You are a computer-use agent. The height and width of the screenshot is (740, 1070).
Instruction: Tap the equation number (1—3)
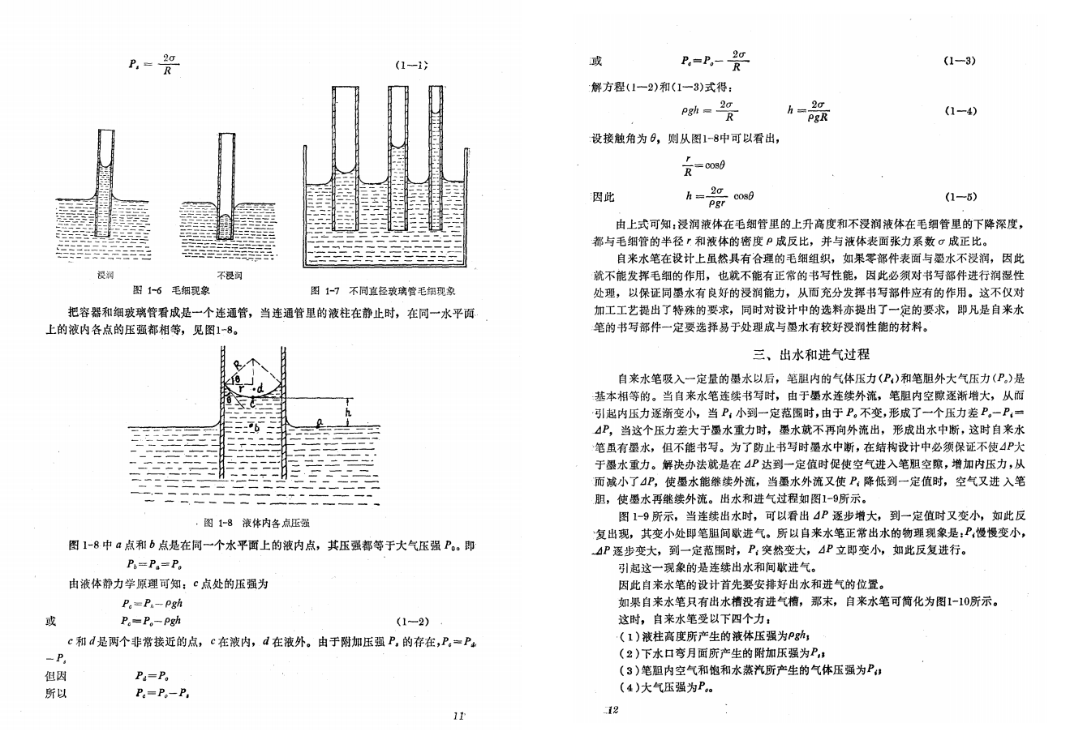[x=960, y=61]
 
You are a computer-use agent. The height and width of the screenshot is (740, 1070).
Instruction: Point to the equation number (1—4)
[x=960, y=112]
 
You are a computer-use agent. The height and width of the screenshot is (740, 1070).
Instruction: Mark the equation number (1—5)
[x=960, y=196]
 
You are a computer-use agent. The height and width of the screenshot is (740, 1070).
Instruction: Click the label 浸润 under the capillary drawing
[x=105, y=276]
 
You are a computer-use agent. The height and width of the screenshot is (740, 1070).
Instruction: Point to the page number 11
[x=458, y=715]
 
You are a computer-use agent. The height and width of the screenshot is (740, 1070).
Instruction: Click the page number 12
[x=612, y=711]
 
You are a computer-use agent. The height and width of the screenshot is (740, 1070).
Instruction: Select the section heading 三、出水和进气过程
[x=810, y=354]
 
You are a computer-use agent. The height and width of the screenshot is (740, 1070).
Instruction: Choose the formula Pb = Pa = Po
[x=154, y=564]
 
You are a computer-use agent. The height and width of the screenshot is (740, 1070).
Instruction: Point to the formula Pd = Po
[x=152, y=676]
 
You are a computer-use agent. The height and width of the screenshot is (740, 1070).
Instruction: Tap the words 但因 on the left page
[x=56, y=676]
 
